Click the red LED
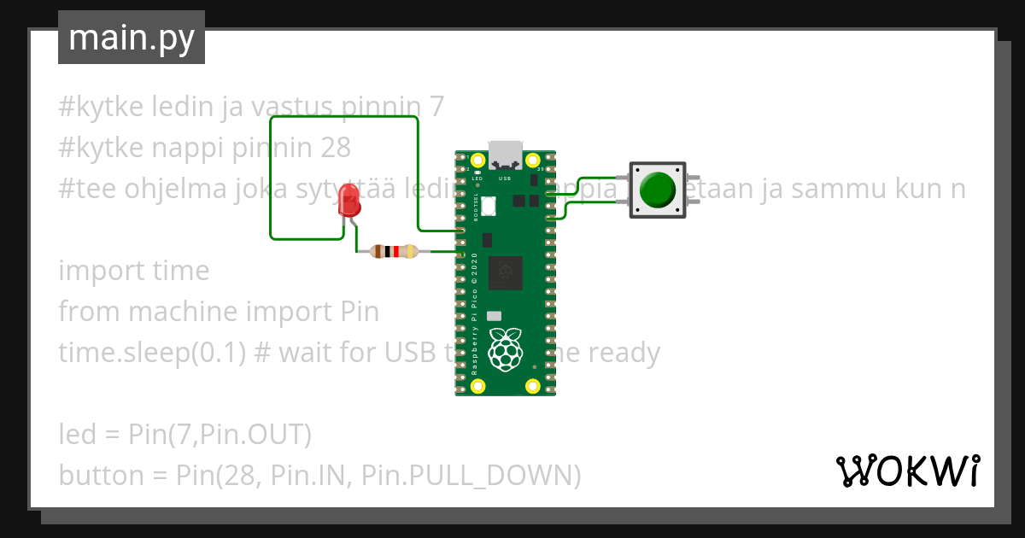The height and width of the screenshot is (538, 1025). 349,200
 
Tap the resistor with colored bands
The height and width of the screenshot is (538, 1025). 394,251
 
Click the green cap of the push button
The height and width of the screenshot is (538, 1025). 657,189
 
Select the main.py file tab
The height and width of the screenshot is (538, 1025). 132,38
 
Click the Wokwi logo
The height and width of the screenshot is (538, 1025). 906,471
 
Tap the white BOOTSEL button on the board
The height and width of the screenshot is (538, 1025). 489,206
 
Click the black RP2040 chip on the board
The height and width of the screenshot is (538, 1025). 505,273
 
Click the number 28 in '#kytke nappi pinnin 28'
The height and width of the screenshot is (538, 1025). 336,148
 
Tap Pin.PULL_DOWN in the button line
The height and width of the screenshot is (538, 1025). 471,476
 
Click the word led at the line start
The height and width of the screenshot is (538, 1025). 76,435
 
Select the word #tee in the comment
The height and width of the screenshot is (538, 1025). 83,189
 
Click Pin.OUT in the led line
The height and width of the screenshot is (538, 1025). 255,435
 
